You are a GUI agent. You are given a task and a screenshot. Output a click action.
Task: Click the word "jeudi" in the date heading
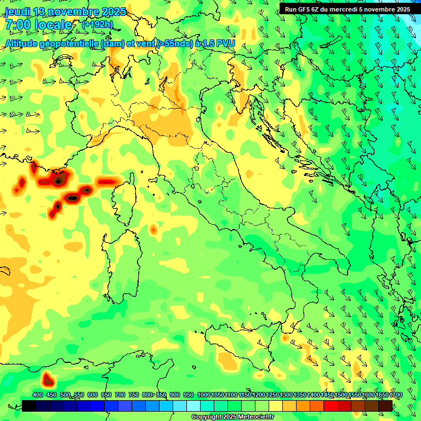pos(17,12)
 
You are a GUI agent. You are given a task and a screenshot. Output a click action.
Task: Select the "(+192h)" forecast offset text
pos(98,24)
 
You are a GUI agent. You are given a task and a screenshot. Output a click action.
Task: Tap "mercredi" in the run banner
pos(351,9)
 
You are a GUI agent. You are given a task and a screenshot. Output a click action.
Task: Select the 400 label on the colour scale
pos(38,395)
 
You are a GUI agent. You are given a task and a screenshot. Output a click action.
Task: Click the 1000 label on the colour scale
pos(203,395)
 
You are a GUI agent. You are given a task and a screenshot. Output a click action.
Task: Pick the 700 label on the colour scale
pos(120,395)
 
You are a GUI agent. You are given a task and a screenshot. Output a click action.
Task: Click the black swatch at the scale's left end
pos(29,406)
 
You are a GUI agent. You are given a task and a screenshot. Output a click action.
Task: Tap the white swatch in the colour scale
pos(194,406)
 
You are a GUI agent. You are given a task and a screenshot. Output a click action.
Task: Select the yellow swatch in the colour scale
pos(276,406)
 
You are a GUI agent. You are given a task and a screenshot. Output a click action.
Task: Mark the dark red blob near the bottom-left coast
pos(48,378)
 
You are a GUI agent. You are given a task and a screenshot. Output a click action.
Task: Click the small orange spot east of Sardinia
pos(153,229)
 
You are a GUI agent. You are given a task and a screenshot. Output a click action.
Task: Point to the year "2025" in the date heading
pos(113,12)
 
